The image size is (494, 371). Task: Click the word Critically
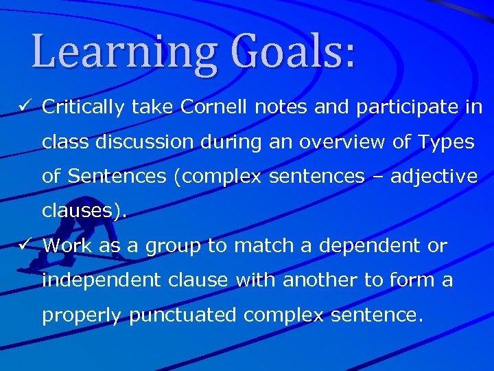click(83, 107)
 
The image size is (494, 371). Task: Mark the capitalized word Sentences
click(117, 177)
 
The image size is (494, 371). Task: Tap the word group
click(174, 247)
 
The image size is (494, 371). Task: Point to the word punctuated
click(183, 315)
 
